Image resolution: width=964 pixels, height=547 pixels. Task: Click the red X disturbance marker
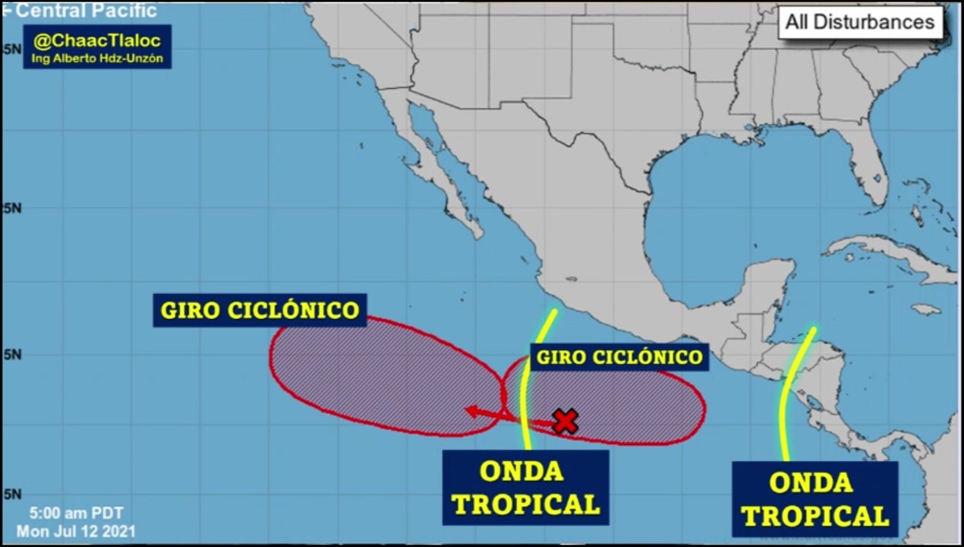coord(565,421)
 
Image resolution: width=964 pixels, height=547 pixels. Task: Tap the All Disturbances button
coord(859,22)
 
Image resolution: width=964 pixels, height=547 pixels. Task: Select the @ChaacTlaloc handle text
coord(97,41)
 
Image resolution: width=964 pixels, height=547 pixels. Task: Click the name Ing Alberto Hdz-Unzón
coord(97,58)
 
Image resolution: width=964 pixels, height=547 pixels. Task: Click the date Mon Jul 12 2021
coord(76,530)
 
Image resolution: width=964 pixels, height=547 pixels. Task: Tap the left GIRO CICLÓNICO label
coord(260,310)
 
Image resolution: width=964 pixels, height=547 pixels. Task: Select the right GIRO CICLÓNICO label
coord(619,356)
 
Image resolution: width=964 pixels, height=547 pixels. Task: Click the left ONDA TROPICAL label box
coord(525,487)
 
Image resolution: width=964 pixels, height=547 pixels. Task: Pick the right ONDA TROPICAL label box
coord(814,499)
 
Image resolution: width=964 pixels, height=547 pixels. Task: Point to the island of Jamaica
coord(926,309)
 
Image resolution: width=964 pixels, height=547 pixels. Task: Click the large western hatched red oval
coord(380,376)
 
